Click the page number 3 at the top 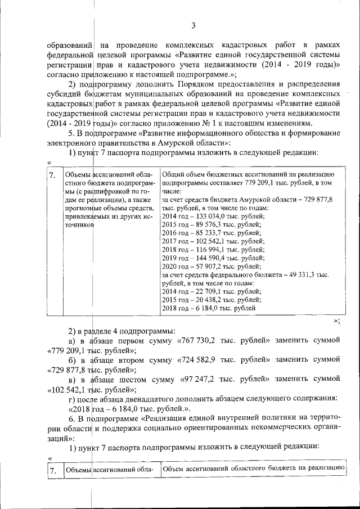192,25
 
